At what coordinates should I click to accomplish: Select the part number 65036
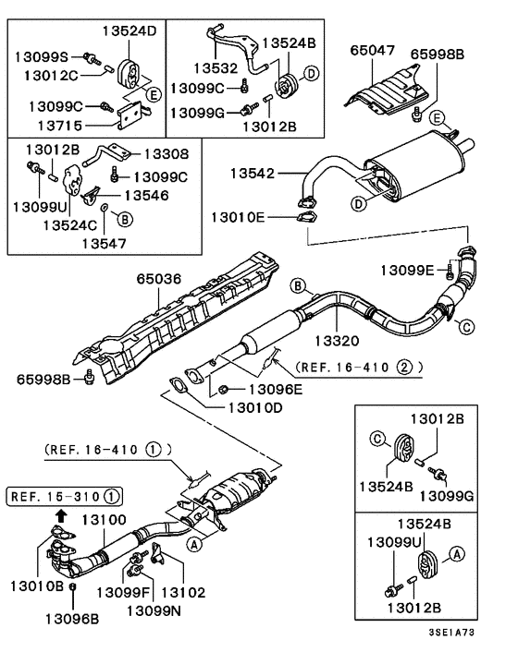pyautogui.click(x=163, y=276)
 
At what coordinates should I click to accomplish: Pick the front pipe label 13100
pyautogui.click(x=103, y=521)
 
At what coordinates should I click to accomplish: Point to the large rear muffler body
pyautogui.click(x=408, y=167)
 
